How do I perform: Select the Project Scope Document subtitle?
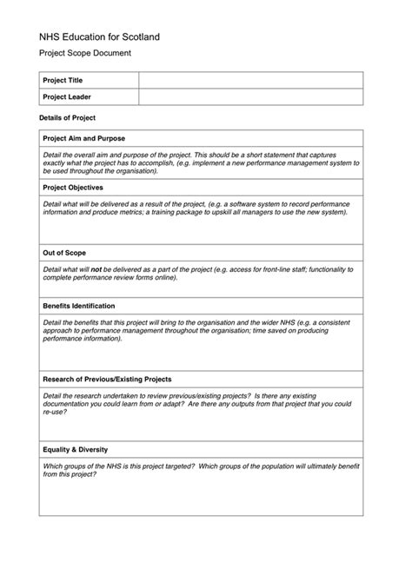[x=85, y=54]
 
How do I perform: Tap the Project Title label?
[x=63, y=80]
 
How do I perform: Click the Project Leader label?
[x=67, y=96]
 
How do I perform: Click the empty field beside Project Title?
[x=250, y=80]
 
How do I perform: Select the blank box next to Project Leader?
[x=250, y=96]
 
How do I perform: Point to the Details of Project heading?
[x=68, y=117]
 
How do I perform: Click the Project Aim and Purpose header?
[x=84, y=138]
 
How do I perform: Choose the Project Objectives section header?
[x=73, y=187]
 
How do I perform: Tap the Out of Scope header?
[x=64, y=253]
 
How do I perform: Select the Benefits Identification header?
[x=79, y=306]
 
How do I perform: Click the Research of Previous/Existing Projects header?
[x=107, y=379]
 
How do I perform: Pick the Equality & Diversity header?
[x=76, y=449]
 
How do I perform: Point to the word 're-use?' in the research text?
[x=55, y=412]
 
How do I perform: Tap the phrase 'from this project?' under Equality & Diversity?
[x=69, y=474]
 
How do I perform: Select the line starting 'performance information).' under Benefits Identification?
[x=83, y=339]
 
